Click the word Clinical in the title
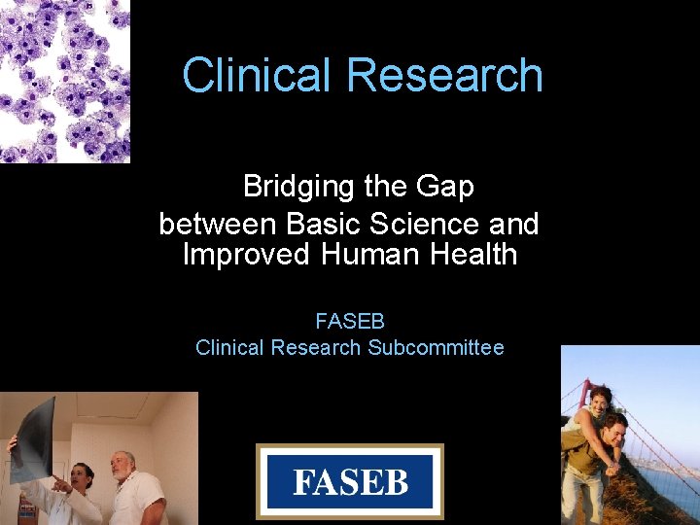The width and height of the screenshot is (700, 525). pos(258,76)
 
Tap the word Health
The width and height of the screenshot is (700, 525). pos(469,256)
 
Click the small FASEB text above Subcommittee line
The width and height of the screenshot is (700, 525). pos(350,320)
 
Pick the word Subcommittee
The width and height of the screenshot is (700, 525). pos(436,347)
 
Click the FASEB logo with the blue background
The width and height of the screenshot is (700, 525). pos(350,482)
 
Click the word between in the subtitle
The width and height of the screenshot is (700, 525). pos(218,225)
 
